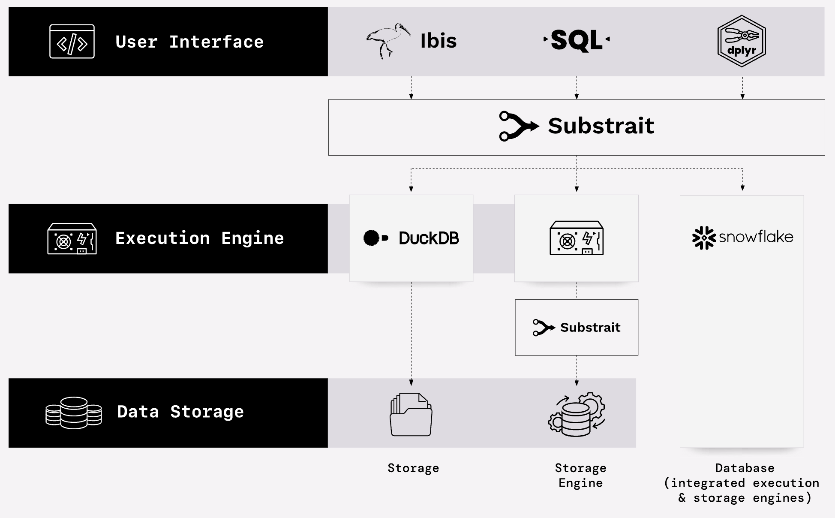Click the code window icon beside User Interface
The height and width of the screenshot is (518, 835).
[72, 41]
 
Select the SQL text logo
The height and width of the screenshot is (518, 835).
[577, 40]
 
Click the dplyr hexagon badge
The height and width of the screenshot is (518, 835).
[742, 41]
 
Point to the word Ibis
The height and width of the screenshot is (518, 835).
[438, 41]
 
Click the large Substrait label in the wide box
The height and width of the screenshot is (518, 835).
[601, 126]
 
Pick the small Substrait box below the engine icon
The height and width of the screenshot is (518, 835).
[577, 328]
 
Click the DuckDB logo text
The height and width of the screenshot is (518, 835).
[429, 238]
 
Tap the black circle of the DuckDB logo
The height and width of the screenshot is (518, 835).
[371, 238]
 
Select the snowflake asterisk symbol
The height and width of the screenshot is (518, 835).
[704, 238]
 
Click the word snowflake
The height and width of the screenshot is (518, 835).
[756, 237]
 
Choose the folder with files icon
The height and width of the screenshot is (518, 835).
[411, 415]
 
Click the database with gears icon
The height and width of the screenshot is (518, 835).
[577, 415]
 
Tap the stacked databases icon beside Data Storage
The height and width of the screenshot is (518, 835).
[74, 413]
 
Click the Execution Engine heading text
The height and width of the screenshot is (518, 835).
[199, 238]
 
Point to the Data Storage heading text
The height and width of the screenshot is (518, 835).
[180, 412]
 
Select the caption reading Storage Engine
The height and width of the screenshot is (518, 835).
[580, 475]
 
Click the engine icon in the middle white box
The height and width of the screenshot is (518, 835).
[577, 238]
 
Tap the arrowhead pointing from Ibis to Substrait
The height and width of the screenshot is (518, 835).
[411, 96]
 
